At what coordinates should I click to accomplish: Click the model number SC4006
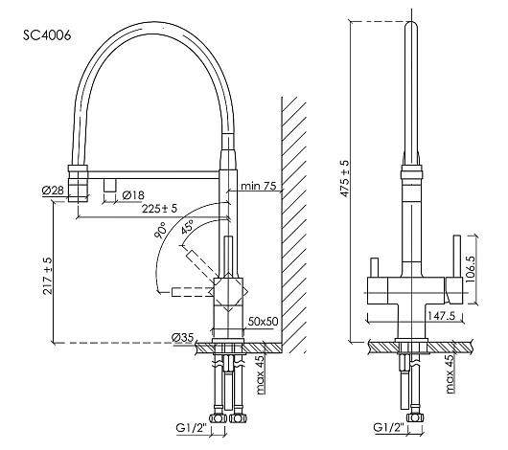click(47, 35)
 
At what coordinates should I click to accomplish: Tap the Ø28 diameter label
click(53, 191)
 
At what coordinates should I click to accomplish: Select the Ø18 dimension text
click(133, 195)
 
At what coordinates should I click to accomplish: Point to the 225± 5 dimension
click(160, 209)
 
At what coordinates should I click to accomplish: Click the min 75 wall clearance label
click(259, 186)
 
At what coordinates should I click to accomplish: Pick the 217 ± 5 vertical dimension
click(48, 276)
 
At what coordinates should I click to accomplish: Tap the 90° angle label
click(162, 230)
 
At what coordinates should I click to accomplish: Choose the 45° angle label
click(187, 226)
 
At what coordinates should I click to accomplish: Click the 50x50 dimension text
click(263, 321)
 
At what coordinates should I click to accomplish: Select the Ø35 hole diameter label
click(182, 338)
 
